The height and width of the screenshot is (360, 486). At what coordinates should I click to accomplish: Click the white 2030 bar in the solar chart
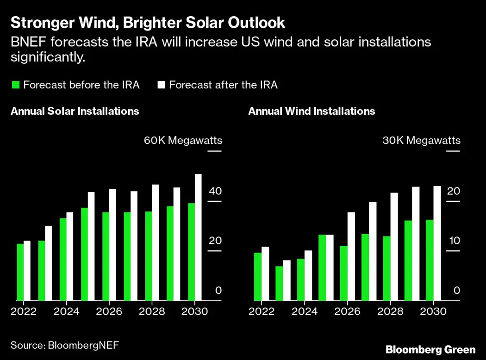[198, 237]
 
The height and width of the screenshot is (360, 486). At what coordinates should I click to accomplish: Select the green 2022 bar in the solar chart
[20, 272]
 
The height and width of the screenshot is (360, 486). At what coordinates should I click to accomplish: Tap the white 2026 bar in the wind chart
[351, 256]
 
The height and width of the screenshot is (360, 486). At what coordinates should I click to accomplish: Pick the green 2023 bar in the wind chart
[279, 283]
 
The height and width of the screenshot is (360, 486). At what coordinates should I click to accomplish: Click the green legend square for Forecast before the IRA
[16, 85]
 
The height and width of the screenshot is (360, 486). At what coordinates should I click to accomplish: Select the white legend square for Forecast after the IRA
[162, 85]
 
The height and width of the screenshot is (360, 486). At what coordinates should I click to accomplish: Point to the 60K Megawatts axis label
[183, 140]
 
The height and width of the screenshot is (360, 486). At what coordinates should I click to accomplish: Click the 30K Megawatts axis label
[421, 140]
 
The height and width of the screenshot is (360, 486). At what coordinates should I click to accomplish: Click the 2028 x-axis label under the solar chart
[152, 311]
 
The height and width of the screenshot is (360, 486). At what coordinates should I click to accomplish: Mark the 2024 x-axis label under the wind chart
[305, 311]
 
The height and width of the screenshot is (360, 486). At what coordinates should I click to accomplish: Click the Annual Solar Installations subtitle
[75, 111]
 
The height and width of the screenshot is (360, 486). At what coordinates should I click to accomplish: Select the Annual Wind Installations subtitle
[312, 111]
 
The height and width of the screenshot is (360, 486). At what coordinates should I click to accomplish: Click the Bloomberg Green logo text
[430, 349]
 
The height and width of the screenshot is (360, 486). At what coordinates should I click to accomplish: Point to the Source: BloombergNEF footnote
[62, 345]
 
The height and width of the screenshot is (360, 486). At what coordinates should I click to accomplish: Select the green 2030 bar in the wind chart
[430, 260]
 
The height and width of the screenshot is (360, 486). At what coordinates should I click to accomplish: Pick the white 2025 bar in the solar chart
[91, 246]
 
